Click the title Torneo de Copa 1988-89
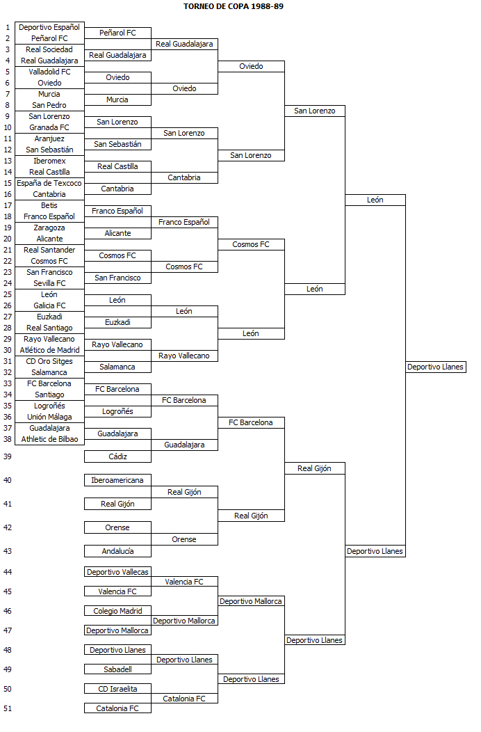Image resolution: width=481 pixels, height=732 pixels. click(234, 6)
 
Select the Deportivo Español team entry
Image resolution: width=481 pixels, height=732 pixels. click(49, 27)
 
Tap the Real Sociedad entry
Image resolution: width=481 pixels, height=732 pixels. click(49, 49)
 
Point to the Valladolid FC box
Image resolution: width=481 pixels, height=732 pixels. click(49, 72)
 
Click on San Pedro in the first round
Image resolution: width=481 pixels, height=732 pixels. click(49, 105)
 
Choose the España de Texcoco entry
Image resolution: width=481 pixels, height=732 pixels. click(49, 183)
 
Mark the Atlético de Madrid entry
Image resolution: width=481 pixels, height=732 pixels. click(49, 350)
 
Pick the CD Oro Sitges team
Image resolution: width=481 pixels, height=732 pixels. click(49, 361)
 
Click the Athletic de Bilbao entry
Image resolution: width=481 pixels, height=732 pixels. click(49, 439)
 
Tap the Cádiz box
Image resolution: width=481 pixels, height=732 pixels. click(117, 456)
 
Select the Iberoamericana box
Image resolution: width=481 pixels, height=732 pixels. click(117, 480)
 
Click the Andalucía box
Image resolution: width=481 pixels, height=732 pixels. click(117, 551)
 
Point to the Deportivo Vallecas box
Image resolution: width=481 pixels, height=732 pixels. click(117, 572)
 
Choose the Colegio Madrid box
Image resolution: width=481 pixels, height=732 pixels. click(117, 611)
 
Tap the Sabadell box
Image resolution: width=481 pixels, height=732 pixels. click(117, 669)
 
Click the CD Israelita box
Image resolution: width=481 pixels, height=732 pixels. click(117, 689)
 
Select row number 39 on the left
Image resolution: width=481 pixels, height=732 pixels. click(8, 456)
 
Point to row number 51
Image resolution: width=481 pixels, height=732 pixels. click(8, 708)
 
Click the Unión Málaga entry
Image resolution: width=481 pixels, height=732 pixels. click(49, 417)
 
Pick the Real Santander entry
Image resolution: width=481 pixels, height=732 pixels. click(49, 250)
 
